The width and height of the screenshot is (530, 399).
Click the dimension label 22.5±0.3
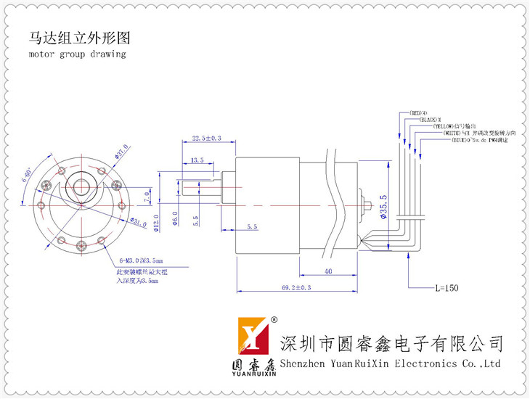pyautogui.click(x=206, y=138)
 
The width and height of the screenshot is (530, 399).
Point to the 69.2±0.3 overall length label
pyautogui.click(x=296, y=288)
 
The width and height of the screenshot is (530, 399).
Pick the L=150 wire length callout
pyautogui.click(x=447, y=288)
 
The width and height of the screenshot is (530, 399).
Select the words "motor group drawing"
pyautogui.click(x=77, y=54)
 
